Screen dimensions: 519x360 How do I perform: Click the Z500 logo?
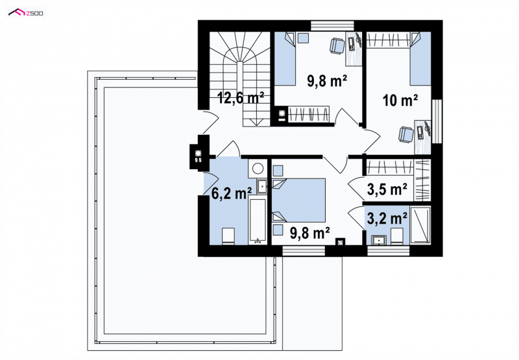coord(26,13)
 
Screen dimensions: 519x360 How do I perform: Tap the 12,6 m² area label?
coord(240,97)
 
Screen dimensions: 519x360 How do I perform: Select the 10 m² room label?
coord(400,101)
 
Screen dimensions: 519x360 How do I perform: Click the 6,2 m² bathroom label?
coord(232,193)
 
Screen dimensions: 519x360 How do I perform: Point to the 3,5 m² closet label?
coord(387,189)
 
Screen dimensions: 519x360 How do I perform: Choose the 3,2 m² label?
coord(387,219)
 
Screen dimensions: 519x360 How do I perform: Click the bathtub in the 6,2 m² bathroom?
coord(257,221)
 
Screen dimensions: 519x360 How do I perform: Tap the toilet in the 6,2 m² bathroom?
coord(228,236)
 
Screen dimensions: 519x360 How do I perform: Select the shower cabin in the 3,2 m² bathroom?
coord(420,225)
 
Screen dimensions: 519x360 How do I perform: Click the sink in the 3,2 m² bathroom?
coord(378,239)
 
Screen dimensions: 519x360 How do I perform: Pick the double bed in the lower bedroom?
coord(299,200)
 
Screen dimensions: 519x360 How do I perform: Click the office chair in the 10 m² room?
coord(406,134)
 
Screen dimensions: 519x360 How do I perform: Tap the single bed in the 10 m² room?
coord(420,58)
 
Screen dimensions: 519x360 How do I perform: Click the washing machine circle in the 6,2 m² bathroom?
coord(258,169)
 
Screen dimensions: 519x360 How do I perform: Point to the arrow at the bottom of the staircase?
coord(254,122)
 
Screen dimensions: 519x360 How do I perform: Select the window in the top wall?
coord(332,26)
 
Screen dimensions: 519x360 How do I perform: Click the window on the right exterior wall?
coord(437,121)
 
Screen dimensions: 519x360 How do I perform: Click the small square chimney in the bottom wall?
coord(340,242)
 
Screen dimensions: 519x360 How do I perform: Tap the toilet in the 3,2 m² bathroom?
coord(396,236)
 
